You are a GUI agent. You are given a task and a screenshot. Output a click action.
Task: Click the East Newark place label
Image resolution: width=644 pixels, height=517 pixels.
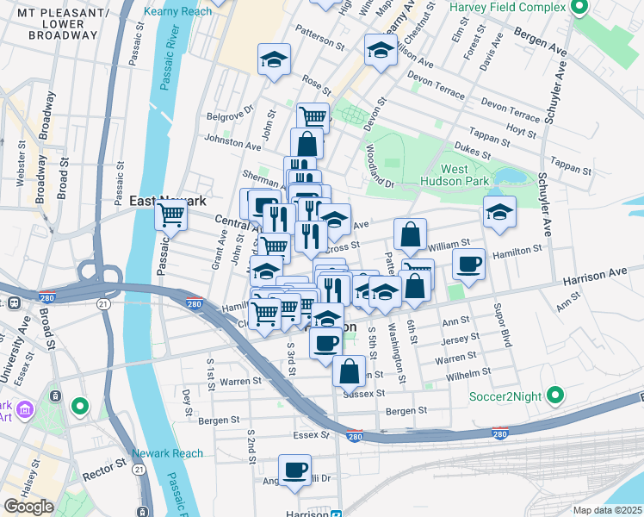click(x=168, y=200)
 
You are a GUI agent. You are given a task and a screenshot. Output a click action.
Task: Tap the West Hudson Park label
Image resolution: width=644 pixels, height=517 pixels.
click(x=455, y=175)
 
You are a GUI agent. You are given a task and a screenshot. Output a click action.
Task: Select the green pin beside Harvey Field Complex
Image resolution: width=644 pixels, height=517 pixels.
click(x=579, y=9)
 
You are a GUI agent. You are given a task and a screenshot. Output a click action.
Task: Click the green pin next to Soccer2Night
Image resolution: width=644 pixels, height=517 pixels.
click(x=555, y=396)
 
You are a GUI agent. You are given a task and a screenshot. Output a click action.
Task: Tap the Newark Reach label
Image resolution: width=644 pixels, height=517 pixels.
click(x=168, y=453)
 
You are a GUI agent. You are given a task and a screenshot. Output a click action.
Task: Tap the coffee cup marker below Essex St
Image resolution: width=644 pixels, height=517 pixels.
click(x=295, y=470)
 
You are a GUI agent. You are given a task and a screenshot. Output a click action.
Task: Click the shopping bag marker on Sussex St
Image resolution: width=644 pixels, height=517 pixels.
click(x=349, y=372)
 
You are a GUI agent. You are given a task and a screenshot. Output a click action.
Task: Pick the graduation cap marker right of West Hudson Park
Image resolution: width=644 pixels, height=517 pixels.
click(x=498, y=211)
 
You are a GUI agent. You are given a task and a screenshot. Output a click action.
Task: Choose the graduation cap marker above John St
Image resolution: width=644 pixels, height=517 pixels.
click(x=274, y=59)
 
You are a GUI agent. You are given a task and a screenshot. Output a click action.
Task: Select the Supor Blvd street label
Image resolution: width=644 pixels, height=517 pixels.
click(x=497, y=321)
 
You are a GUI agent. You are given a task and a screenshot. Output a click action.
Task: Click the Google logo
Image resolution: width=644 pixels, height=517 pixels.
click(x=29, y=506)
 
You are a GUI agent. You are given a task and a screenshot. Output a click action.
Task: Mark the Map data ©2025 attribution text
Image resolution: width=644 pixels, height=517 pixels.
click(x=608, y=510)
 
